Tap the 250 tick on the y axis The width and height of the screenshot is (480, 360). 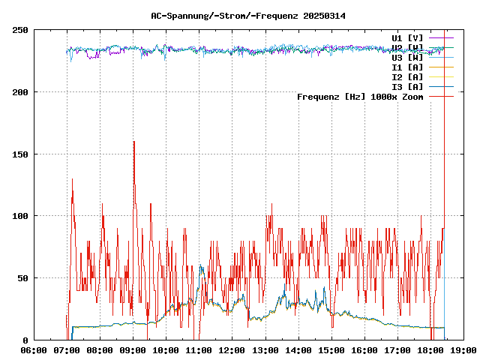20,30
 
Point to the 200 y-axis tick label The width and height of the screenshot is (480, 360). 20,92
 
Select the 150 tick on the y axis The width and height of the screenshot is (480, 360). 20,154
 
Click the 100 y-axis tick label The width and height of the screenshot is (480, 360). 20,216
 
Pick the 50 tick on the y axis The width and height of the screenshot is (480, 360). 22,278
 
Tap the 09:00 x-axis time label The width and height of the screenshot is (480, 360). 133,350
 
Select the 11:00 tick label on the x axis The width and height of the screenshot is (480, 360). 199,350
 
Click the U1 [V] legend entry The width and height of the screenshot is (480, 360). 407,37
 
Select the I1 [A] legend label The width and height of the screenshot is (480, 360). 407,67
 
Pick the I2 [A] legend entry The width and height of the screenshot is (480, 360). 407,76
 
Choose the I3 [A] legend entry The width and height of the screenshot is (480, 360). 407,86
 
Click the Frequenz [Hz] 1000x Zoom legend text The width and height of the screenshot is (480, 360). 360,96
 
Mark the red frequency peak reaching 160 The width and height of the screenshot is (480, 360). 134,142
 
